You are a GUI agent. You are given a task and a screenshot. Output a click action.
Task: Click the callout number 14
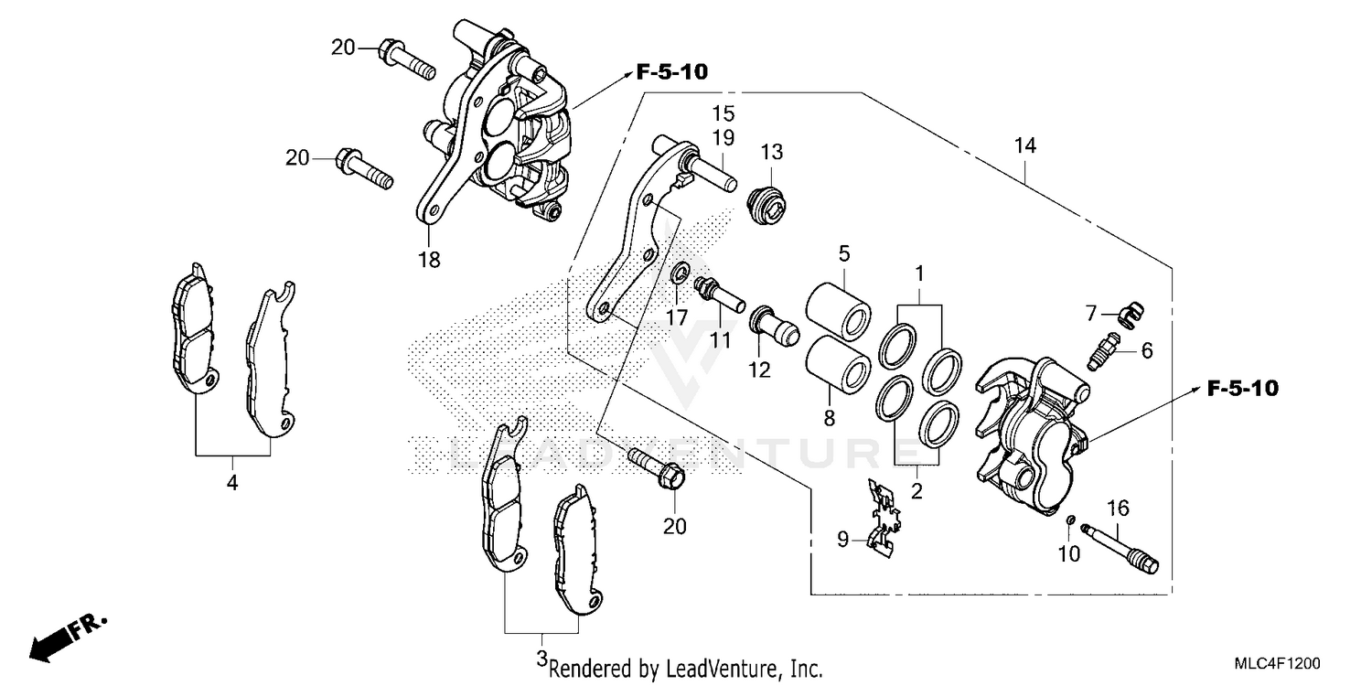click(1024, 145)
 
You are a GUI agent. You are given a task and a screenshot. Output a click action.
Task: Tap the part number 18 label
click(428, 260)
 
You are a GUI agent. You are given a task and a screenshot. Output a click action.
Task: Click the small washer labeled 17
click(678, 273)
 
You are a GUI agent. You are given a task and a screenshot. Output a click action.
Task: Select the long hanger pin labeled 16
click(1120, 547)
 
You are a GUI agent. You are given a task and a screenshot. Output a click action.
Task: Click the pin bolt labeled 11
click(720, 294)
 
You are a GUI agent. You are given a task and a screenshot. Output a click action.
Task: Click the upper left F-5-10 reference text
click(672, 72)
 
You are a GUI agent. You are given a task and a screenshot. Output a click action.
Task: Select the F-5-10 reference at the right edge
click(1241, 389)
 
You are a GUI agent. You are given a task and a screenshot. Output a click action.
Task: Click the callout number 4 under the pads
click(232, 482)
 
